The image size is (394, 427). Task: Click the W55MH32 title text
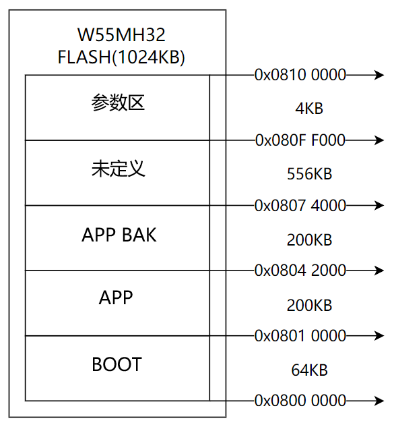point(121,35)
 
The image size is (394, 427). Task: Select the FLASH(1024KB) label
point(121,57)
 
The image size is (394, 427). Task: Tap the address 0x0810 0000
point(300,75)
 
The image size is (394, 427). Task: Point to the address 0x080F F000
point(300,140)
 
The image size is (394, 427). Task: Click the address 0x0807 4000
point(300,205)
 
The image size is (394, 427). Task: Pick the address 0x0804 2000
point(300,271)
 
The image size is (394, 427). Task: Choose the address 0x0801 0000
point(300,335)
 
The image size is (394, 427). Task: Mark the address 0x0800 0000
point(300,401)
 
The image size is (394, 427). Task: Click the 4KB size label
point(309,109)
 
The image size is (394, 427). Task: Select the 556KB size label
point(309,174)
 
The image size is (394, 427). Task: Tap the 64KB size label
point(309,370)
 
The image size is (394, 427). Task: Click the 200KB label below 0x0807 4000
point(309,240)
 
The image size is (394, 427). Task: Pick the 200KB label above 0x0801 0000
point(309,306)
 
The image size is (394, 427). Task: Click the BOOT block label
point(117,364)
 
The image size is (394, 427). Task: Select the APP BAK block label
point(119,235)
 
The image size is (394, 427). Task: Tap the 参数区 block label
point(118,103)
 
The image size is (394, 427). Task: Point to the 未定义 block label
point(119,169)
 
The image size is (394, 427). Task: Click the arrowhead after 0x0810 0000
point(379,75)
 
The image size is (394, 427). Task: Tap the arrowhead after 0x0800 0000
point(379,401)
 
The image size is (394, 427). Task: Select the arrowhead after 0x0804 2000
point(379,271)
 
